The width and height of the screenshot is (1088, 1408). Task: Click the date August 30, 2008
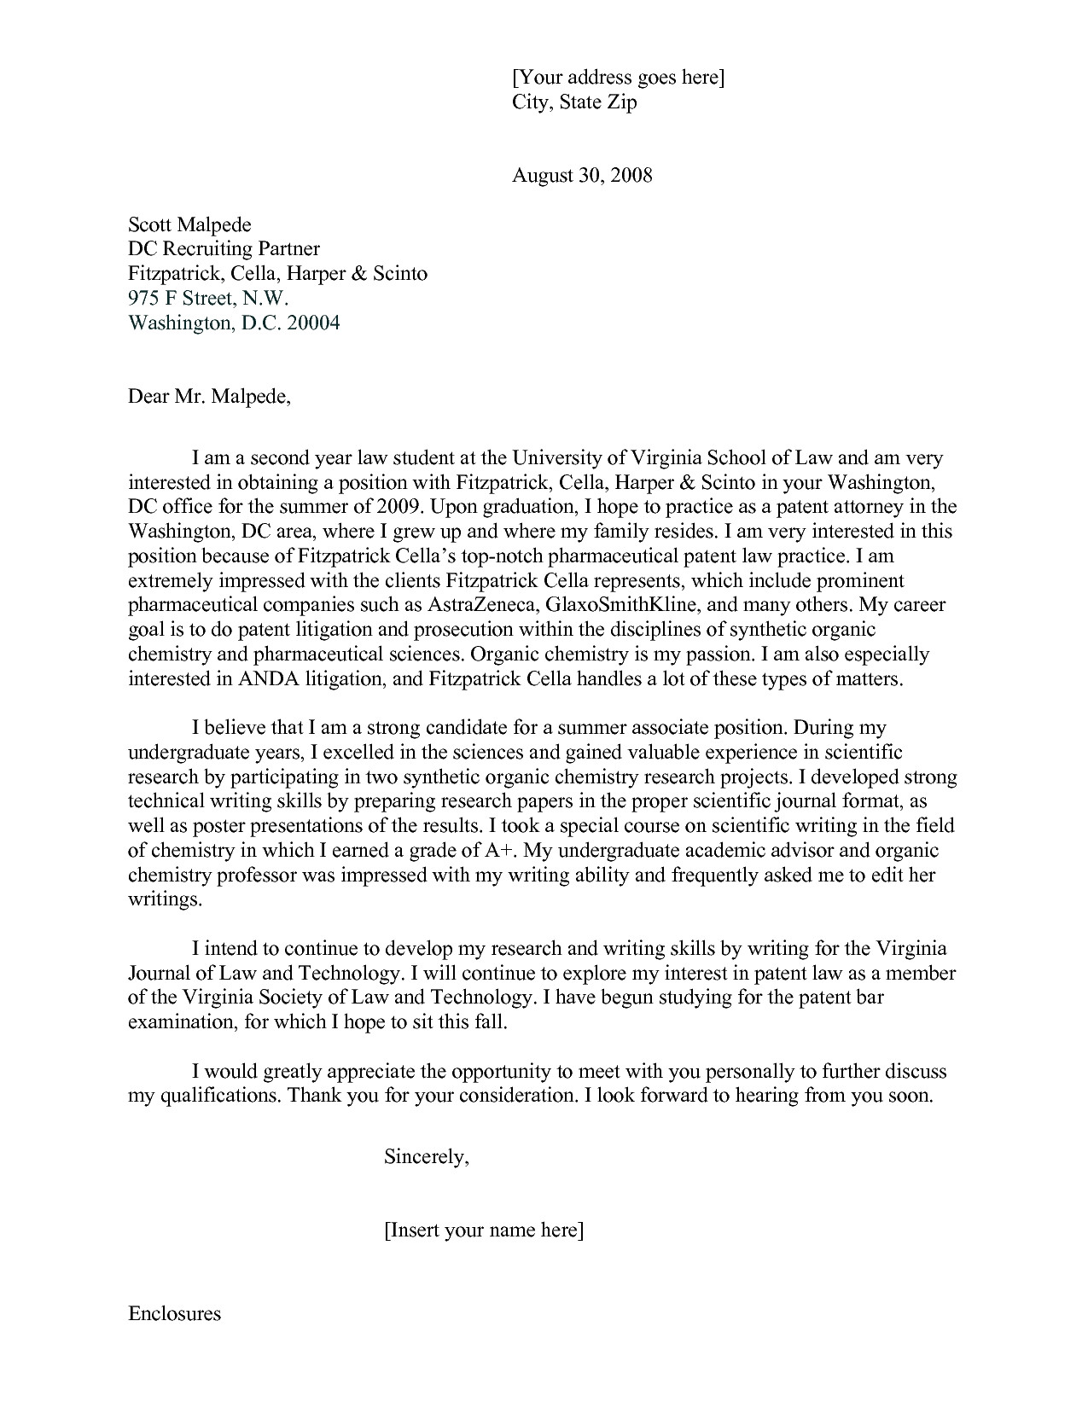[x=582, y=176]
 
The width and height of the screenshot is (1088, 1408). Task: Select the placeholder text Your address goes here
[x=618, y=78]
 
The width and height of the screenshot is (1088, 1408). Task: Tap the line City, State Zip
[x=573, y=102]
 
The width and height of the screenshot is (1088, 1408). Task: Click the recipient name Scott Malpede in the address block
[x=189, y=224]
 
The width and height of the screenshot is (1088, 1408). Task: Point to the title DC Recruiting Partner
[x=224, y=249]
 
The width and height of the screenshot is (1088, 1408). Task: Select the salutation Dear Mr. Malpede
[x=209, y=397]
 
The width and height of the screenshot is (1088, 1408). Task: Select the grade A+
[x=502, y=851]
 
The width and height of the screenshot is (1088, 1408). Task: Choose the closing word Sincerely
[x=426, y=1157]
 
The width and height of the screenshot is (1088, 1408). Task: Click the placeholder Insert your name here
[x=484, y=1231]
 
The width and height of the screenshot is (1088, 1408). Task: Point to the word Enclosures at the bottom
[x=174, y=1313]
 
